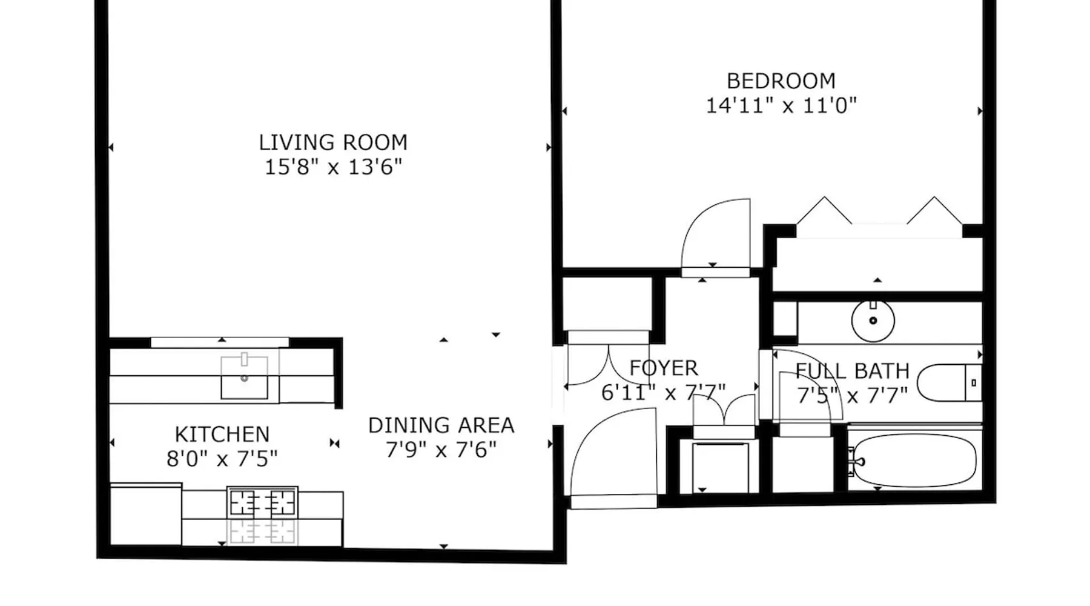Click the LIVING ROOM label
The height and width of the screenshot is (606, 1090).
click(x=333, y=142)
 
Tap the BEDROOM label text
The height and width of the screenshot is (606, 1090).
click(x=781, y=81)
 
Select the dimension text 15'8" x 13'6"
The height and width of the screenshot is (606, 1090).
click(x=333, y=167)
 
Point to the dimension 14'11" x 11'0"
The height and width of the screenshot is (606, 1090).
click(x=781, y=105)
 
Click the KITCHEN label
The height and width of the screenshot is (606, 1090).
click(x=222, y=435)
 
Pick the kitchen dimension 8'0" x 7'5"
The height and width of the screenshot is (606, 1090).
click(x=222, y=459)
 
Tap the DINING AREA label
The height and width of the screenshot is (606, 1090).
click(x=441, y=425)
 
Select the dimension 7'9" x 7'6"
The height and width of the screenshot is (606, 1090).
click(x=441, y=450)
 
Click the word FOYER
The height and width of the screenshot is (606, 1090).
click(x=664, y=368)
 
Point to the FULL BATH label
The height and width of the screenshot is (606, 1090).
click(x=853, y=371)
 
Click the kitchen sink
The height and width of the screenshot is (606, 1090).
click(x=244, y=377)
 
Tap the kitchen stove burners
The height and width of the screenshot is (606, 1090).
click(x=262, y=502)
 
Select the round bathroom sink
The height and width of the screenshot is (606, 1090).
click(x=873, y=320)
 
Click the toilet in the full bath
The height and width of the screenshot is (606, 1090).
click(x=949, y=382)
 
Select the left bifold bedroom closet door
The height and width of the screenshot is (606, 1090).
click(x=824, y=210)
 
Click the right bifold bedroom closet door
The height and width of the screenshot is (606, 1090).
click(x=934, y=210)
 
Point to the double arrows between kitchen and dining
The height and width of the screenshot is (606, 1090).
click(x=334, y=443)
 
